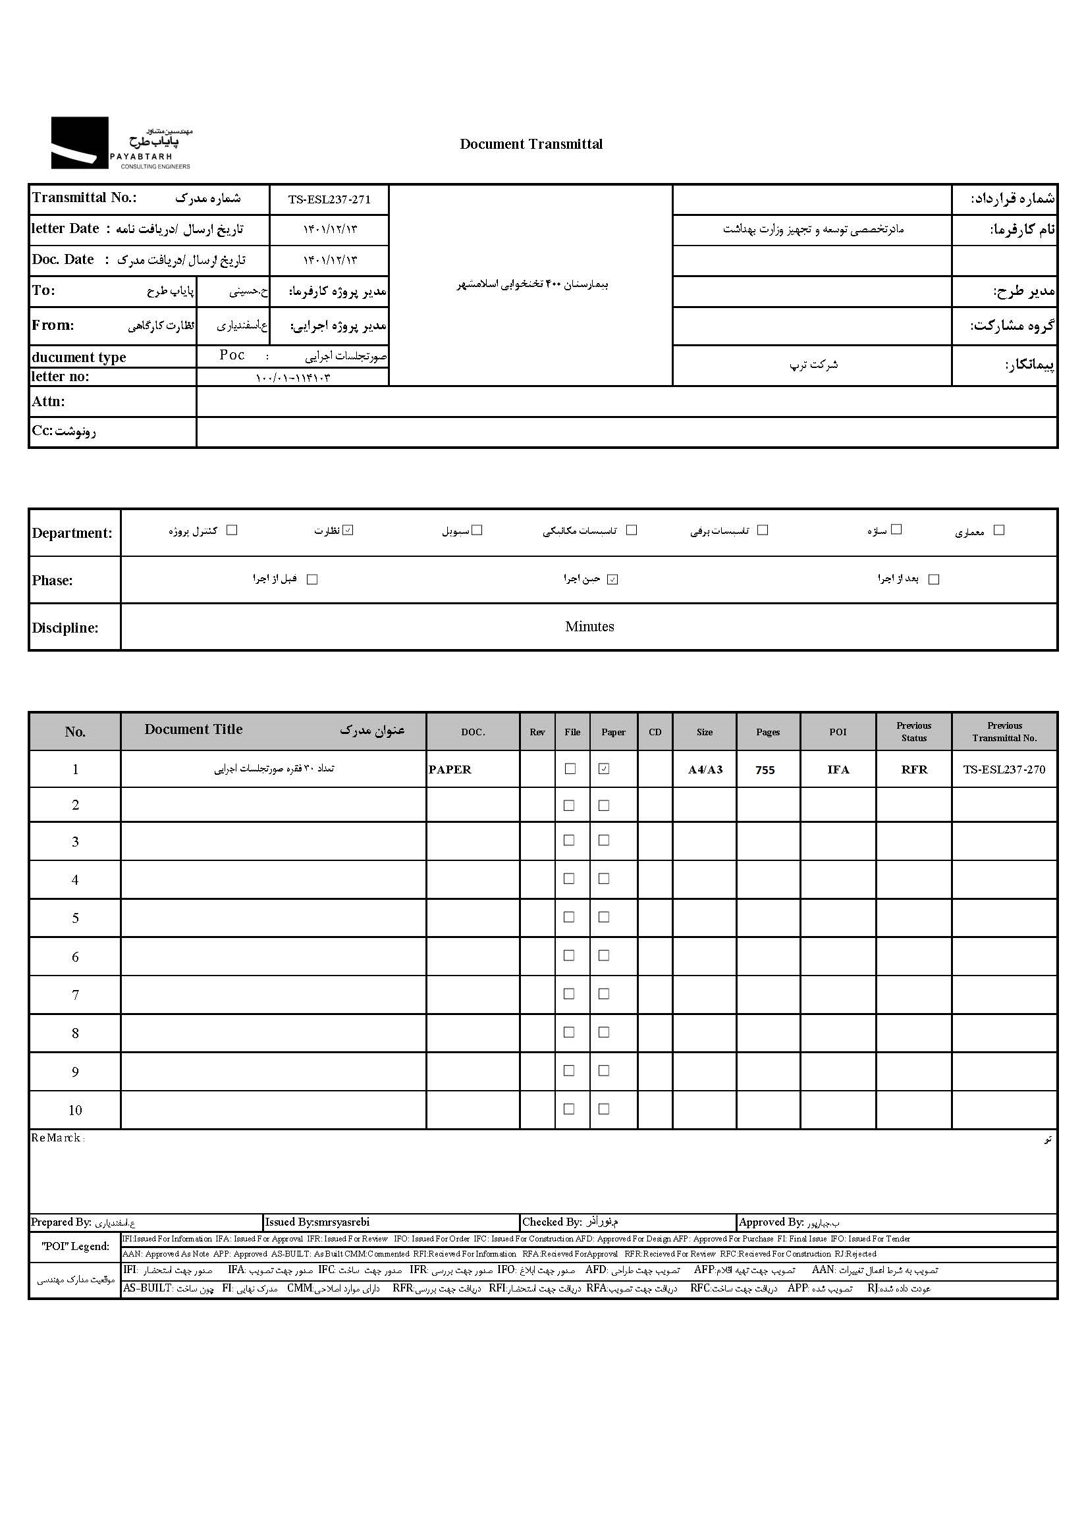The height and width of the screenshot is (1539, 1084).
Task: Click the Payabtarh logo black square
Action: (79, 142)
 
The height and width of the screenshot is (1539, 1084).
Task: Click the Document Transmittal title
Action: (531, 144)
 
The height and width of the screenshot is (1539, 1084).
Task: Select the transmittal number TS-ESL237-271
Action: (329, 199)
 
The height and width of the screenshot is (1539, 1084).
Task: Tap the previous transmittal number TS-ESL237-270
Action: (1004, 769)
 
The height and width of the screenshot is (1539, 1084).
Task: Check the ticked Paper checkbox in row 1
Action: (604, 769)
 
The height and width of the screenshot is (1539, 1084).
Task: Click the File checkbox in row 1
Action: (570, 769)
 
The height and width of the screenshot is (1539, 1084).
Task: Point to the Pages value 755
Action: (765, 770)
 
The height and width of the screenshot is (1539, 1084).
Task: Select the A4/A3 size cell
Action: (705, 769)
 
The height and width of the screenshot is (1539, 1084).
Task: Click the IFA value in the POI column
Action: (838, 769)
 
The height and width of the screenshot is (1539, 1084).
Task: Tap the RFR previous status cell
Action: (913, 769)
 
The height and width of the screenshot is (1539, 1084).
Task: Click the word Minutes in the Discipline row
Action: (589, 627)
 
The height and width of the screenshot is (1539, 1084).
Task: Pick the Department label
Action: (72, 534)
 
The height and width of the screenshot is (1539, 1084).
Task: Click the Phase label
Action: (52, 581)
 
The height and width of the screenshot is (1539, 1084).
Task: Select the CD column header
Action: (655, 732)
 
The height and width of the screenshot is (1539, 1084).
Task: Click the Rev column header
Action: (537, 732)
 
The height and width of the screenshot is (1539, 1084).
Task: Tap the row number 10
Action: (75, 1110)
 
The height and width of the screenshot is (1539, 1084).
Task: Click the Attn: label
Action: (48, 402)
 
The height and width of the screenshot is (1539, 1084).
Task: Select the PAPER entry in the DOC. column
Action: (449, 769)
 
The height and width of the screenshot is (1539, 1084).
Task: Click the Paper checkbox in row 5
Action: (604, 917)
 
